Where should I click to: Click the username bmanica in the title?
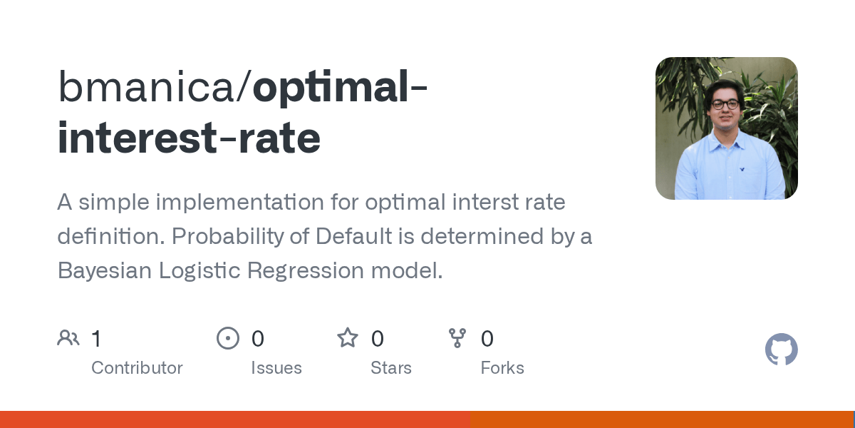(146, 87)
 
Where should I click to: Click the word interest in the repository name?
(137, 137)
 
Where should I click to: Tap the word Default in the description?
(353, 236)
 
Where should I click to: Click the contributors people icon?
(68, 338)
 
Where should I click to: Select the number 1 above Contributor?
(97, 339)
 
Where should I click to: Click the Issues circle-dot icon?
(228, 338)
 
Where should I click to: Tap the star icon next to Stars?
(348, 338)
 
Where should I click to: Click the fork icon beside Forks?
(457, 338)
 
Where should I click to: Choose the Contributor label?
(137, 368)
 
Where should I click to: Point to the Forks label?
(502, 368)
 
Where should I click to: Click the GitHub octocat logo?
(782, 350)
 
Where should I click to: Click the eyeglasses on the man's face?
(725, 105)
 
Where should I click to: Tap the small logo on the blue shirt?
(742, 169)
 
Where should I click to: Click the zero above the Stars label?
(377, 339)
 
